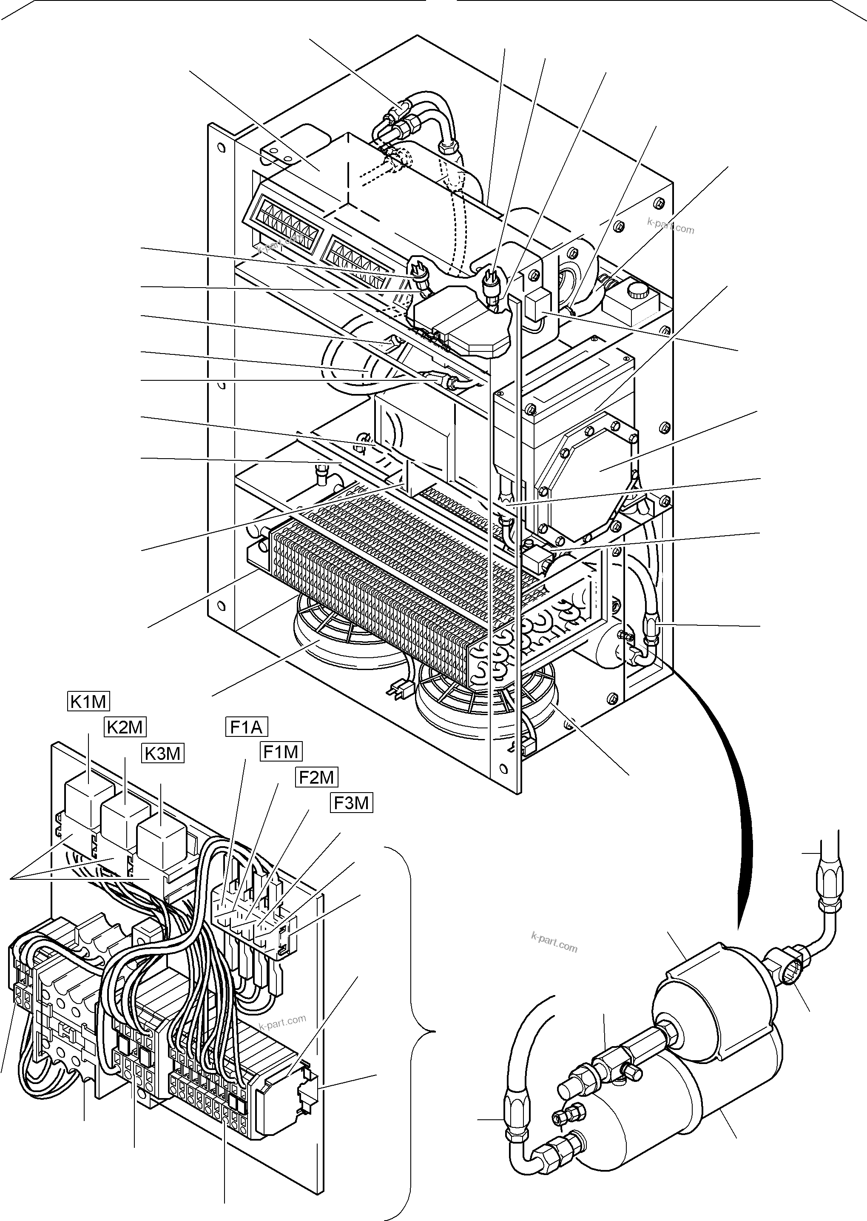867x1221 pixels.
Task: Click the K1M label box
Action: coord(88,701)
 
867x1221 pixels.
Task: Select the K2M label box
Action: coord(125,727)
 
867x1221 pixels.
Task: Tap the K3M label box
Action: coord(163,753)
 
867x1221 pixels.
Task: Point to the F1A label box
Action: coord(246,727)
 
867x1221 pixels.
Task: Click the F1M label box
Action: coord(281,752)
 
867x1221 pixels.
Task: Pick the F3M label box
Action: coord(351,803)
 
